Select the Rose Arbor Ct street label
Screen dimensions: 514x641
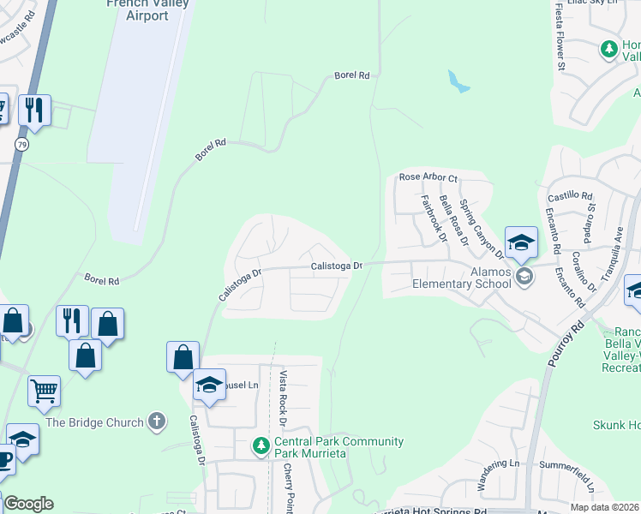tap(428, 177)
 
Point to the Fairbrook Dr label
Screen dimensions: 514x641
tap(434, 218)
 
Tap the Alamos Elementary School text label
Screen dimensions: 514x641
tap(462, 278)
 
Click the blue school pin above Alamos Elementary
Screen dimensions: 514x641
tap(520, 242)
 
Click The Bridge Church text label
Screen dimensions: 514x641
tap(94, 421)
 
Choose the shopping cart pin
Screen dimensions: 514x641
tap(44, 391)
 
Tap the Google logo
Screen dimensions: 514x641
tap(27, 504)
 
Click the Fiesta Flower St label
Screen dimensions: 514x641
tap(561, 36)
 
